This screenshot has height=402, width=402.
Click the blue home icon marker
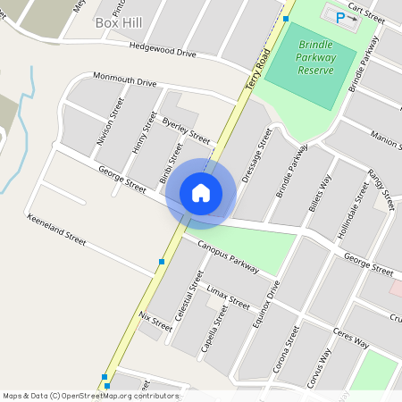201,192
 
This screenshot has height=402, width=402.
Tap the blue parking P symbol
339,17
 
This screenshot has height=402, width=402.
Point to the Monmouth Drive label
124,81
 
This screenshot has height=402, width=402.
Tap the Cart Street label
366,13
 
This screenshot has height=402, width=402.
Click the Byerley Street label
186,130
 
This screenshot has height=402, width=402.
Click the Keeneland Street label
56,230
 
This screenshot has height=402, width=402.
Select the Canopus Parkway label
228,256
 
